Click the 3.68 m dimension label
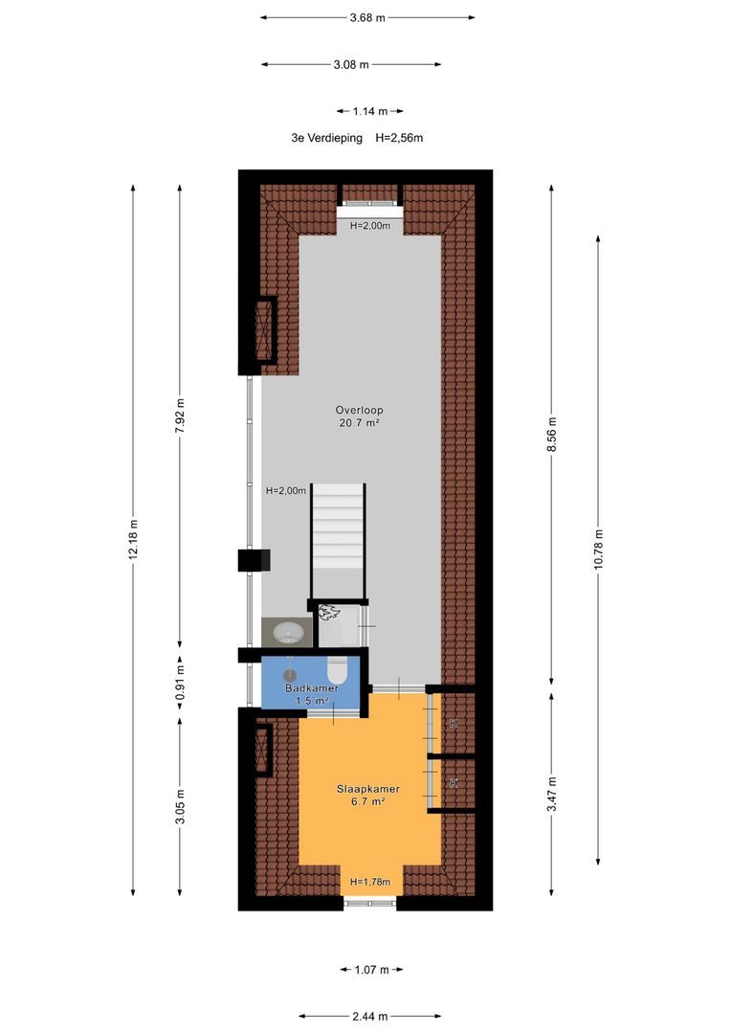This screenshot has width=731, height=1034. (x=367, y=18)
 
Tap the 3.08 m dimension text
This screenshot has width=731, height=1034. (x=351, y=65)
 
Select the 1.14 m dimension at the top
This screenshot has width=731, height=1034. (x=369, y=111)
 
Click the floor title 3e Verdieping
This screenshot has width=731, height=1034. (x=327, y=138)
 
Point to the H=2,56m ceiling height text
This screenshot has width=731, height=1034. (x=399, y=138)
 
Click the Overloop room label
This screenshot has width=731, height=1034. (x=359, y=410)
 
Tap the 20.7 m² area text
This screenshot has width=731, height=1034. (x=359, y=423)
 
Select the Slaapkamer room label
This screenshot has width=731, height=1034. (x=368, y=789)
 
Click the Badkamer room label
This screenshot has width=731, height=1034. (x=312, y=687)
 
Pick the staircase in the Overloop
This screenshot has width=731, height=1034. (x=338, y=541)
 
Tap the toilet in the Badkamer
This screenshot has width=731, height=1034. (x=337, y=670)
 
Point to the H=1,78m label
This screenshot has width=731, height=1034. (x=369, y=882)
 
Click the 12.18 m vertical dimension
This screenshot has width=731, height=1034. (x=133, y=540)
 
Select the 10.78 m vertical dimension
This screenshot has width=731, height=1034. (x=598, y=550)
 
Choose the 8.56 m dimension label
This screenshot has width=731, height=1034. (x=552, y=435)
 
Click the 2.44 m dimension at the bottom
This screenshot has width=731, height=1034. (x=369, y=1016)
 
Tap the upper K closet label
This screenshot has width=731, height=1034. (x=453, y=724)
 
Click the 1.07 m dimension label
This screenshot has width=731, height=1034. (x=372, y=969)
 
